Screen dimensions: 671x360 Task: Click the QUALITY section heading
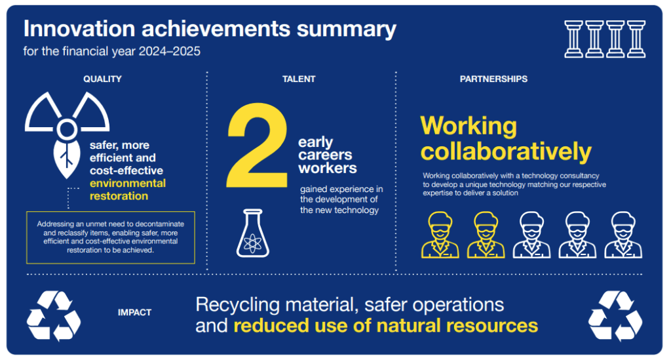coord(102,79)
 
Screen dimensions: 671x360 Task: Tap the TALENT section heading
coord(299,79)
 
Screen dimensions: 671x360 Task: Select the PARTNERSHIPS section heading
coord(493,79)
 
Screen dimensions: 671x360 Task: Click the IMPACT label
coord(134,313)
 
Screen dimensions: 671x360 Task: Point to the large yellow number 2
coord(258,146)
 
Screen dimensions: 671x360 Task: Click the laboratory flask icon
coord(253,233)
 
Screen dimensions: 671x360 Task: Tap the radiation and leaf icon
coord(67,132)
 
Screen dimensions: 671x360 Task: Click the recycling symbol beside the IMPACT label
coord(54,315)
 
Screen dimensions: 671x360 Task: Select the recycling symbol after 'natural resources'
coord(615,315)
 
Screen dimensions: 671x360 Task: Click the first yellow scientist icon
coord(440,235)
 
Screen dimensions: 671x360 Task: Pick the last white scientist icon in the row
coord(623,235)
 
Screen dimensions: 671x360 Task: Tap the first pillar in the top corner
coord(573,39)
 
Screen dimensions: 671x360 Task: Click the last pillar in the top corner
coord(636,39)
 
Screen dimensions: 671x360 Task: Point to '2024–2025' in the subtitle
coord(170,51)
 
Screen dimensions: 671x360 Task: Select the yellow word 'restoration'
coord(119,196)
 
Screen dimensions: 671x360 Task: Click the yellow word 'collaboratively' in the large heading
coord(506,151)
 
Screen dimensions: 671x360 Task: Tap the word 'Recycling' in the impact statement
coord(237,306)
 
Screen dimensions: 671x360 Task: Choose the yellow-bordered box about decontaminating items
coord(110,237)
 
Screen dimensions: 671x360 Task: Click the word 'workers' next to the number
coord(328,169)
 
